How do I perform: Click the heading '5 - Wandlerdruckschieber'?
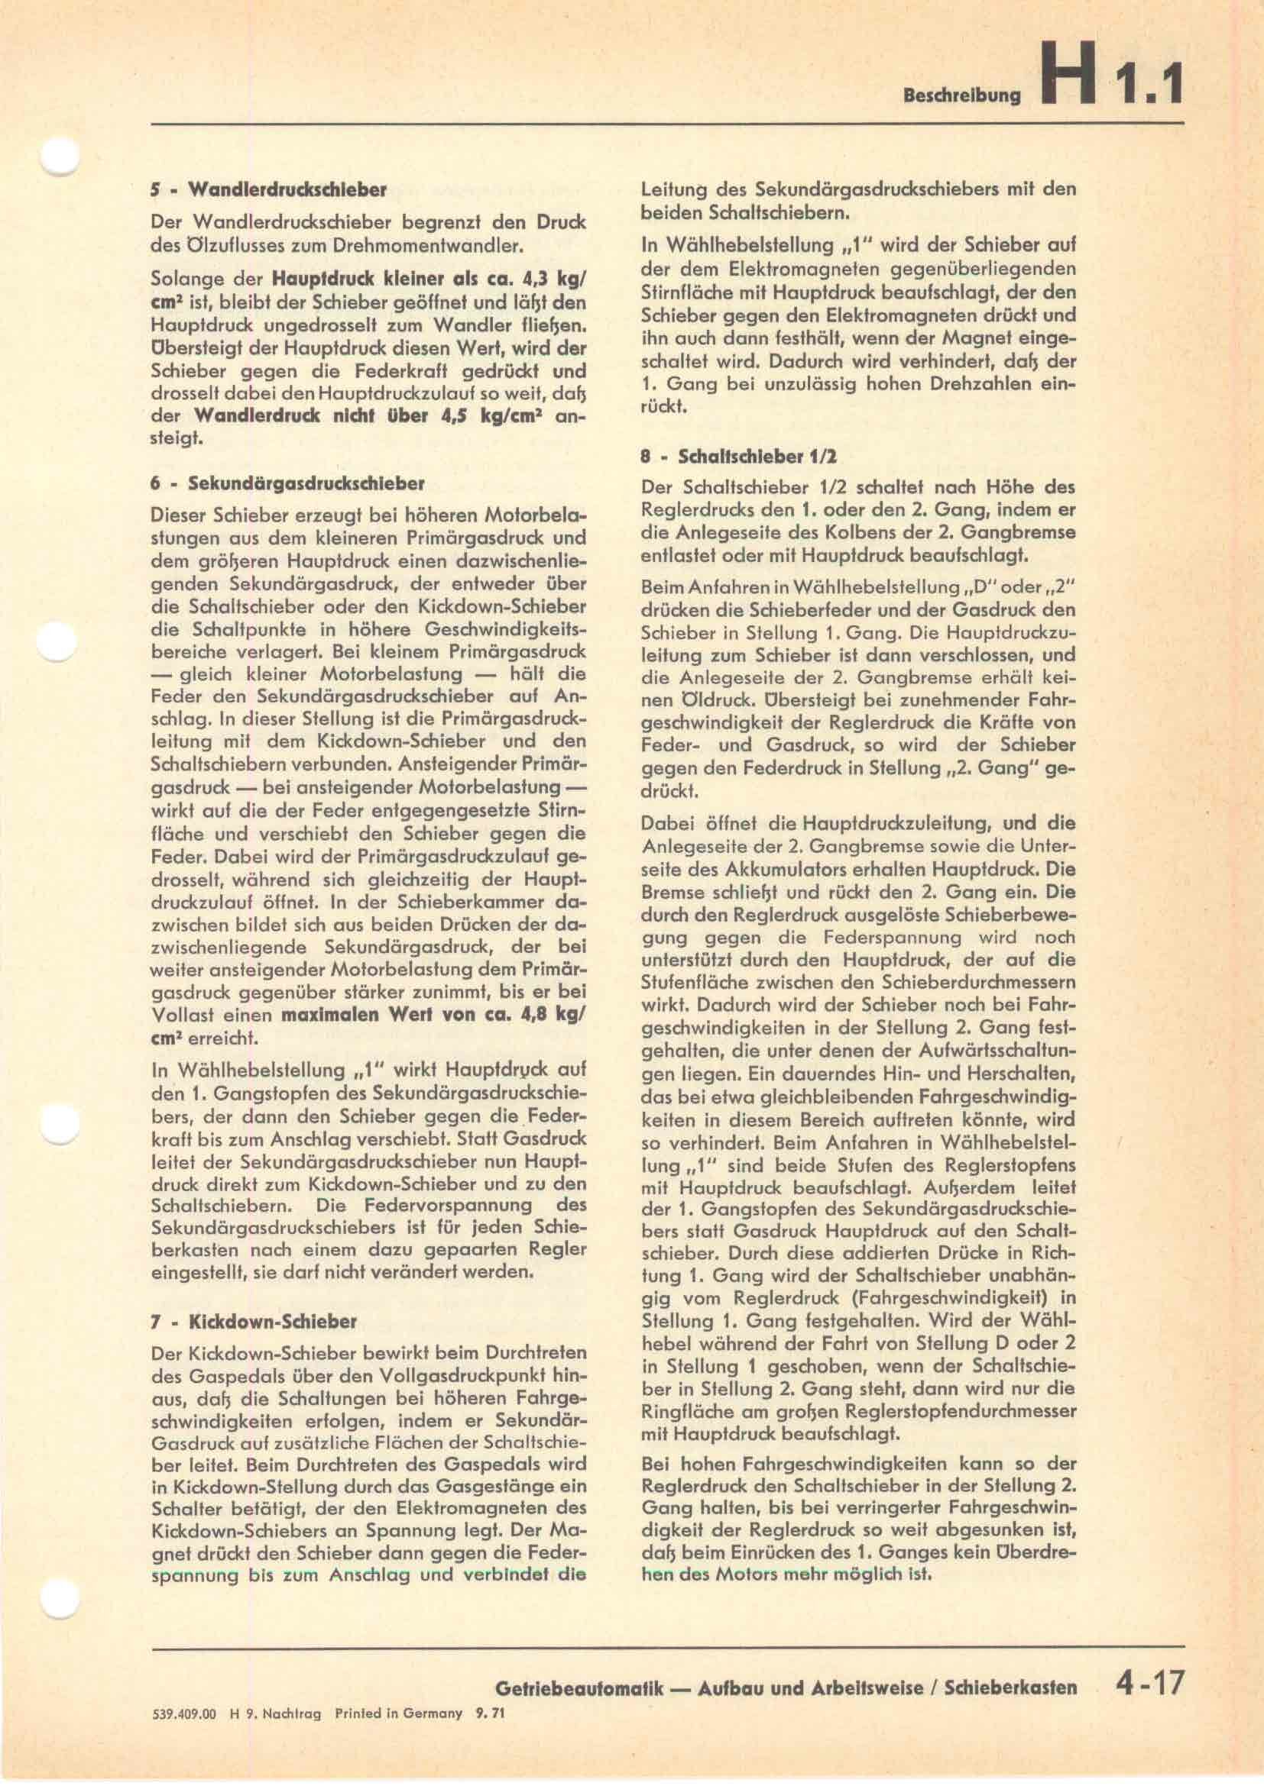click(x=268, y=189)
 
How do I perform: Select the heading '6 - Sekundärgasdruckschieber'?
click(x=288, y=483)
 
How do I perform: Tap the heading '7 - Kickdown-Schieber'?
click(x=253, y=1321)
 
